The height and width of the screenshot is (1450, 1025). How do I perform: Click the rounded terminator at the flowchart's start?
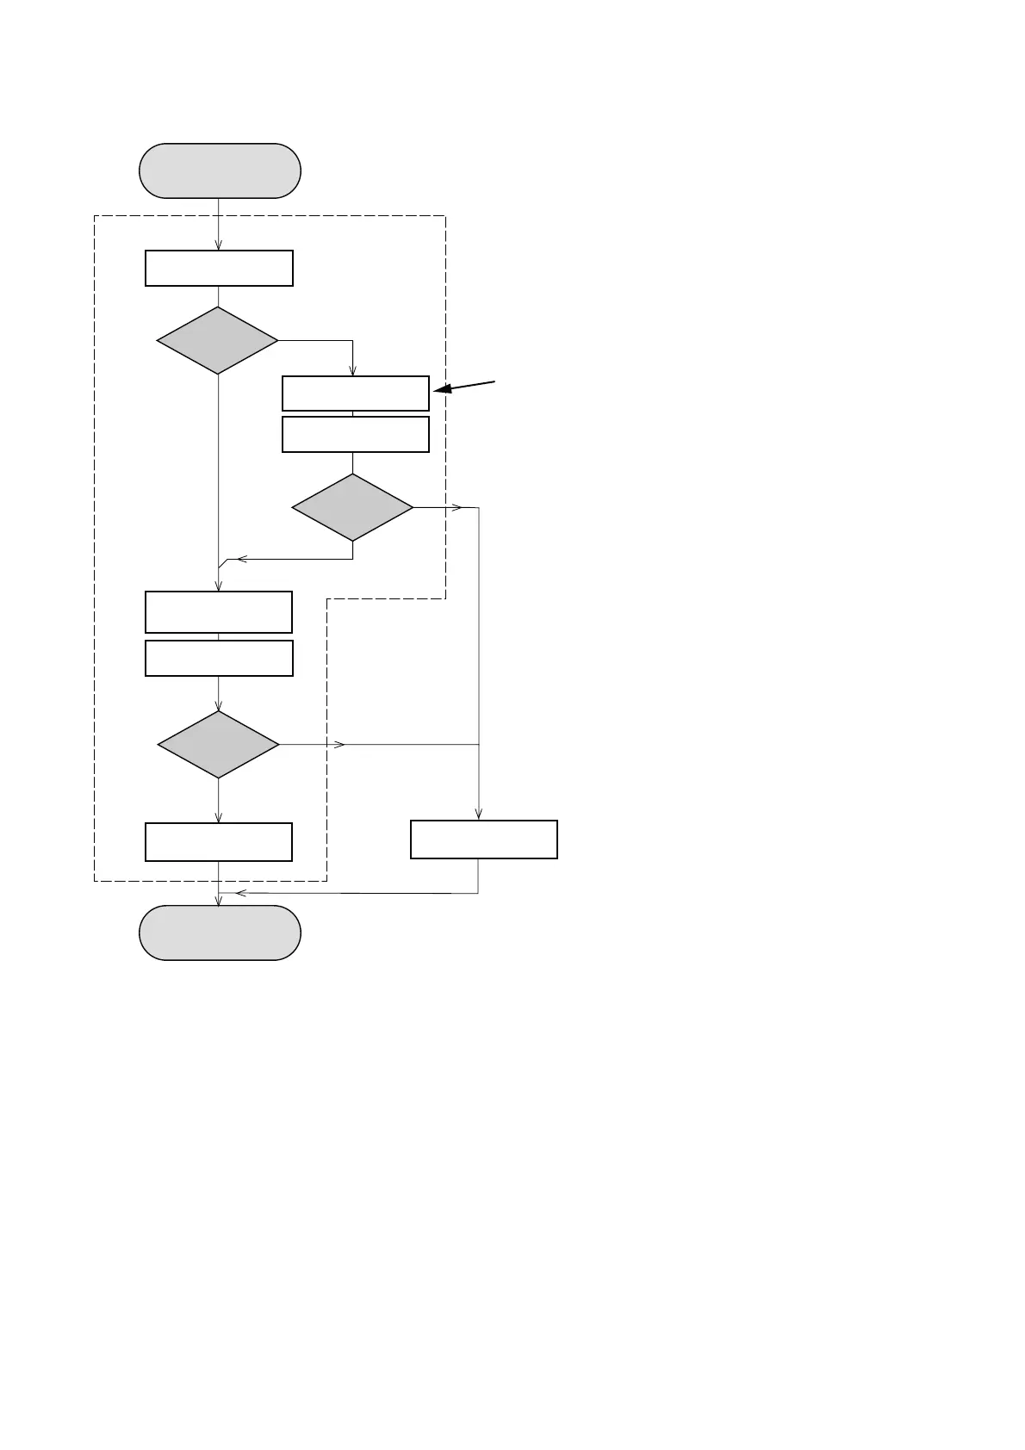pyautogui.click(x=220, y=170)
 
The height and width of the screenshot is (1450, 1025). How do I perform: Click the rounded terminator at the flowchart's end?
pyautogui.click(x=220, y=933)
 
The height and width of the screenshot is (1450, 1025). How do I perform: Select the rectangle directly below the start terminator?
pyautogui.click(x=219, y=268)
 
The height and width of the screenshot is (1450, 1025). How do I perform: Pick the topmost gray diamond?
pyautogui.click(x=217, y=341)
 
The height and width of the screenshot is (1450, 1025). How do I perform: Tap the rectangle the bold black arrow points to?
pyautogui.click(x=355, y=393)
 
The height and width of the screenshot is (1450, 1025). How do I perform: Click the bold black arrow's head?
pyautogui.click(x=441, y=391)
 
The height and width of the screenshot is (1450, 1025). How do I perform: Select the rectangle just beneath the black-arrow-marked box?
pyautogui.click(x=355, y=434)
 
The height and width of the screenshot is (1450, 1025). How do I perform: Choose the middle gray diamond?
pyautogui.click(x=352, y=507)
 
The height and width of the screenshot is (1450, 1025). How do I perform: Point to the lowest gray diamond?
pyautogui.click(x=219, y=744)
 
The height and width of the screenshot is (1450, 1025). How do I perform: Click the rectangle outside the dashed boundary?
pyautogui.click(x=483, y=840)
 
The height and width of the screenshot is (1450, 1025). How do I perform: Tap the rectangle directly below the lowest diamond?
pyautogui.click(x=219, y=842)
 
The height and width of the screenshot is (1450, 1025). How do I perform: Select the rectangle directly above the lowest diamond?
pyautogui.click(x=219, y=659)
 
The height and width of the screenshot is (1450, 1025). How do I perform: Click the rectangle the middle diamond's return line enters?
pyautogui.click(x=219, y=612)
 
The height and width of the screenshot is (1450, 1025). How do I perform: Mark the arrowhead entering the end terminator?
pyautogui.click(x=219, y=901)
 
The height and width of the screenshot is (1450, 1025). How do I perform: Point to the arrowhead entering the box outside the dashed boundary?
pyautogui.click(x=478, y=815)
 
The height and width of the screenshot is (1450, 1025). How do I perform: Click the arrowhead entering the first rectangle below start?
pyautogui.click(x=219, y=245)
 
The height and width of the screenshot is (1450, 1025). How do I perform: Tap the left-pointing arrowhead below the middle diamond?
pyautogui.click(x=242, y=559)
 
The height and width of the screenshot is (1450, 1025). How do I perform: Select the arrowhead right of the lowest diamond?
pyautogui.click(x=339, y=744)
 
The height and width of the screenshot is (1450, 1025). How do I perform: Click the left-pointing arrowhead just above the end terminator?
pyautogui.click(x=240, y=893)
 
